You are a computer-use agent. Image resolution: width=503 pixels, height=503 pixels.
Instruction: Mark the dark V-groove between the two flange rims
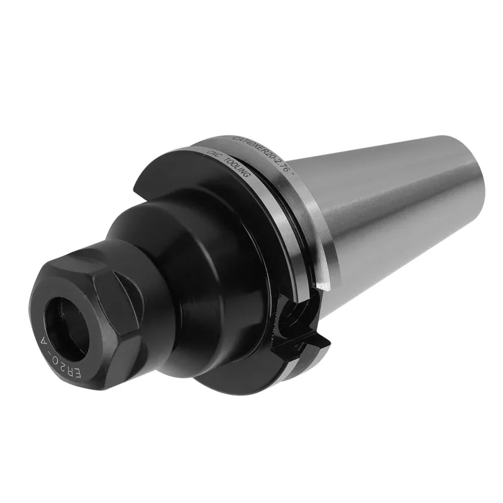[x=286, y=207]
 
